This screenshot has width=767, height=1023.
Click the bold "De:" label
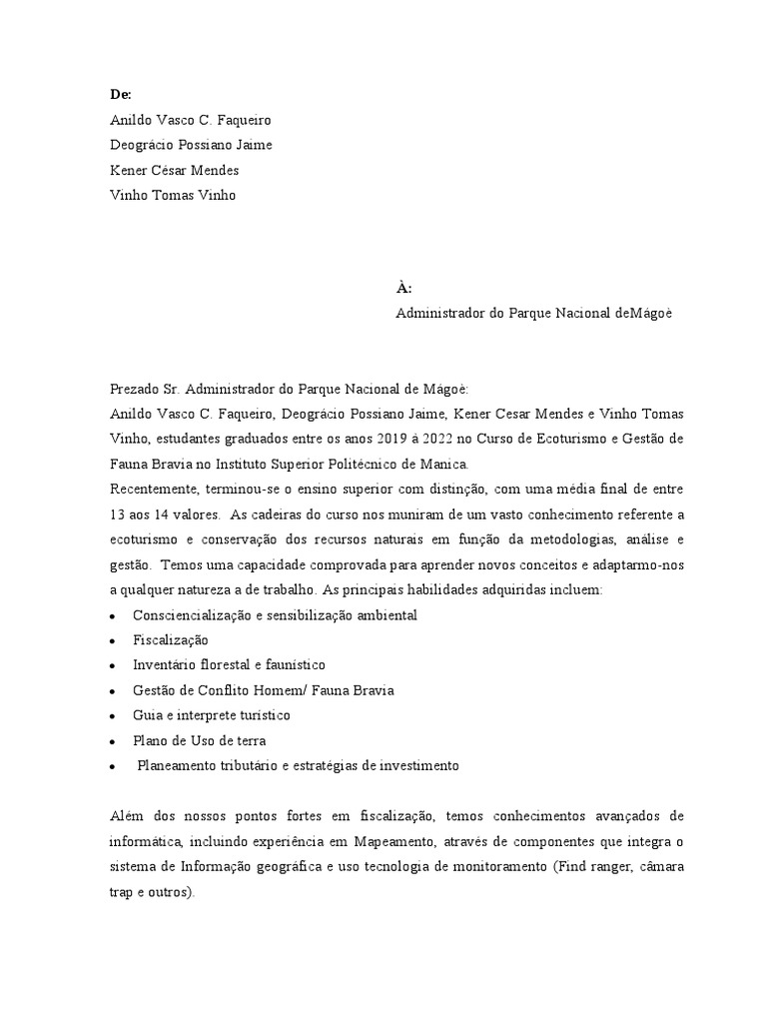tap(120, 94)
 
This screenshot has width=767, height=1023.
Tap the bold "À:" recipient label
tap(403, 288)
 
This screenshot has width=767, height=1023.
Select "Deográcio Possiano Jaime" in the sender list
tap(191, 145)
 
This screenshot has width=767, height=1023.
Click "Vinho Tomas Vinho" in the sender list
tap(173, 195)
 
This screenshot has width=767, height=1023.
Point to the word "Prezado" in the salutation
tap(135, 389)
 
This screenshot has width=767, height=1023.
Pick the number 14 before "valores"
tap(161, 514)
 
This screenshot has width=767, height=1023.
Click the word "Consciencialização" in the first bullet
tap(192, 614)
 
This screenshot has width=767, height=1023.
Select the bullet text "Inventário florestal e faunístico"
tap(229, 664)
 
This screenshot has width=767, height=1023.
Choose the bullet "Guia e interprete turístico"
tap(211, 715)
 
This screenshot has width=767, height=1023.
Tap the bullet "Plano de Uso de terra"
tap(199, 740)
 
